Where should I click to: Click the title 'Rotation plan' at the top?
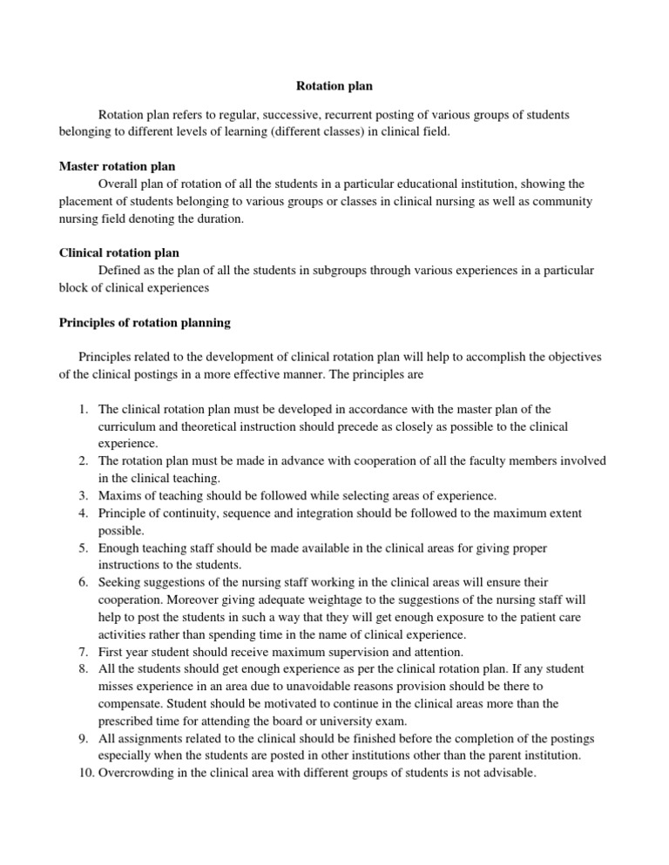pos(334,87)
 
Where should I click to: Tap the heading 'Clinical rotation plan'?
pos(118,253)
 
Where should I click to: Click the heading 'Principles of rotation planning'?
pos(145,323)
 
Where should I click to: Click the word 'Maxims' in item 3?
pos(120,496)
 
